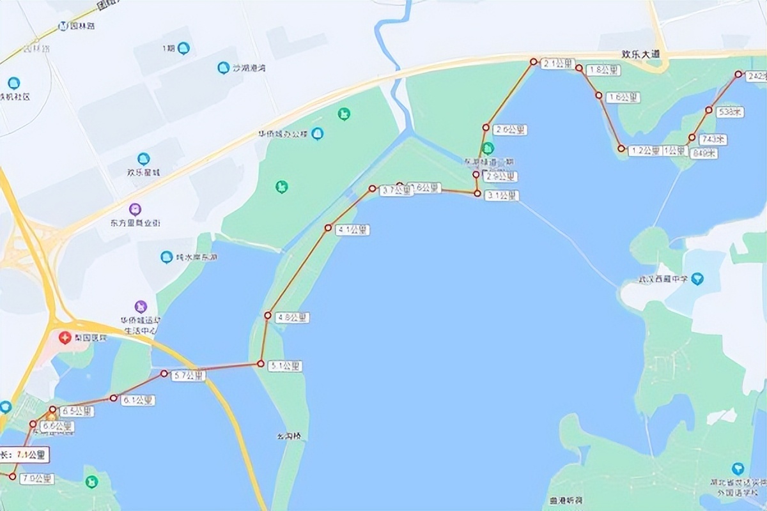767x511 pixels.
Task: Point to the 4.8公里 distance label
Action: point(292,317)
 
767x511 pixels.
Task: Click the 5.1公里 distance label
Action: point(284,366)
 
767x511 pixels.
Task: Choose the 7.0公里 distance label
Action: point(37,478)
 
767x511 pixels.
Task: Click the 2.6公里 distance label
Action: point(511,129)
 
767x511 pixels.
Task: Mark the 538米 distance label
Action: point(730,112)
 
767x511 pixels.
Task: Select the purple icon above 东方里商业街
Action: point(135,209)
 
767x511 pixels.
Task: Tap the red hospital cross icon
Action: point(65,337)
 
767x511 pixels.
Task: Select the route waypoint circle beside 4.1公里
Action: point(329,228)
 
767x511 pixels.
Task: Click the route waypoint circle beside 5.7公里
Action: point(164,374)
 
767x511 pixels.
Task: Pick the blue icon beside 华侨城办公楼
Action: point(318,133)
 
